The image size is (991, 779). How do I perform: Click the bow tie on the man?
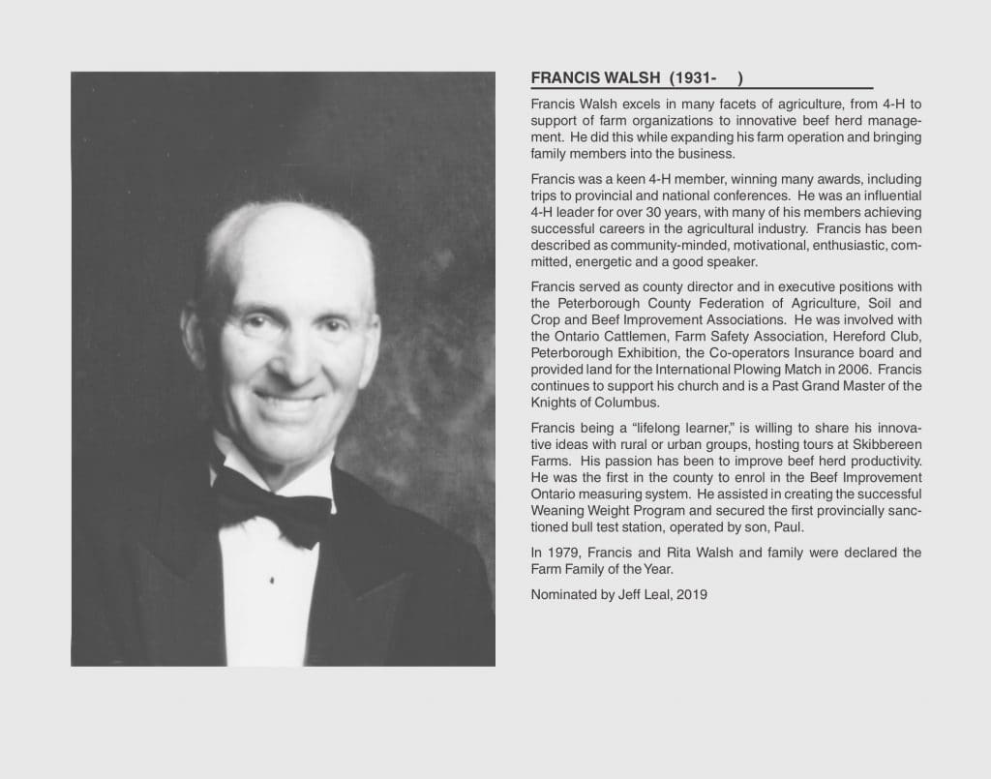click(x=274, y=500)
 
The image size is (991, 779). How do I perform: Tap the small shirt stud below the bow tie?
click(x=271, y=580)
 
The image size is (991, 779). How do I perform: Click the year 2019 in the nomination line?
click(x=692, y=595)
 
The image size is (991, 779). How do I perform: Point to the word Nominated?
click(x=562, y=595)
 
